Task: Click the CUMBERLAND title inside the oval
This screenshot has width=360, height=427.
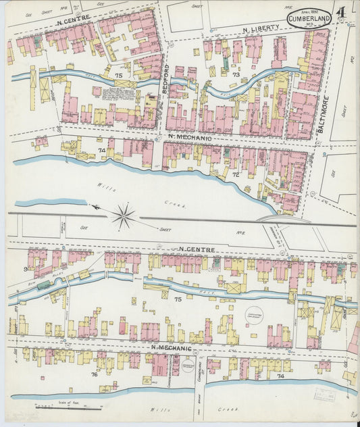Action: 309,18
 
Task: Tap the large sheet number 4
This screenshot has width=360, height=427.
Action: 343,13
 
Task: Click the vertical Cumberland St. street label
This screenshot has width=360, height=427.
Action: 199,366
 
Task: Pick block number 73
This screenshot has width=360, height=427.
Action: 235,74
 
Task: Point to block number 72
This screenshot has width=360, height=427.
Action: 236,175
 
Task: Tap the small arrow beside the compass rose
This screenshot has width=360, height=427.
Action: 97,207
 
